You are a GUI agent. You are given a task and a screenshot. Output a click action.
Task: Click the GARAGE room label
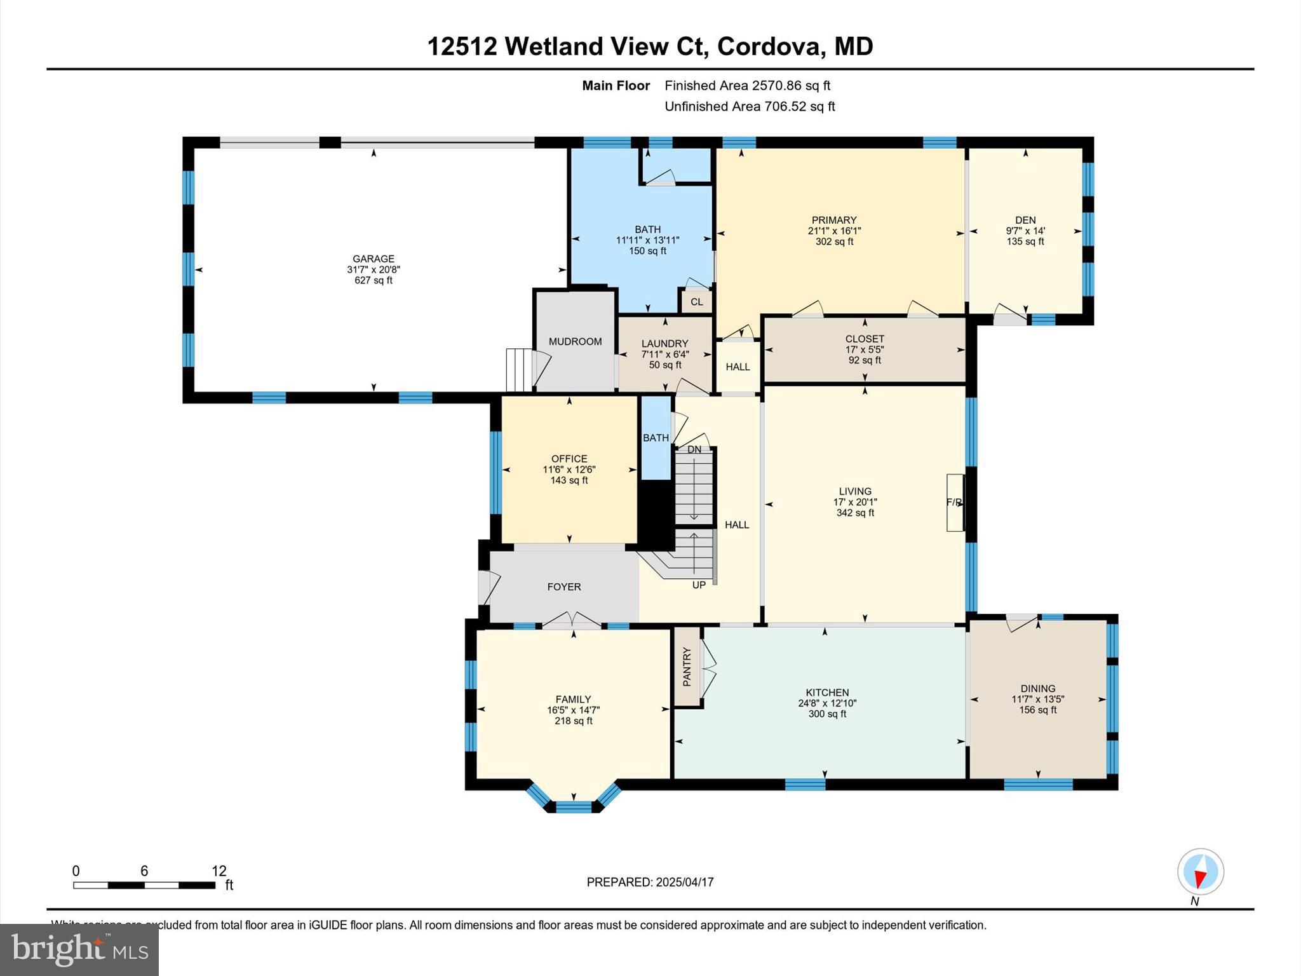coord(374,259)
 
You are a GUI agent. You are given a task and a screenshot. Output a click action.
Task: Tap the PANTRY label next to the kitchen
coord(687,667)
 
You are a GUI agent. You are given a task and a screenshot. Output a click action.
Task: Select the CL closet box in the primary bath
coord(697,302)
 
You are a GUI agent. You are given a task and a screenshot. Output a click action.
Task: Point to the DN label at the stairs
coord(694,449)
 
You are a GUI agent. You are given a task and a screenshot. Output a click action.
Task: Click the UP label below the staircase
coord(699,585)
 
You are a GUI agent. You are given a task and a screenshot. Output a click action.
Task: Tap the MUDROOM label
coord(575,341)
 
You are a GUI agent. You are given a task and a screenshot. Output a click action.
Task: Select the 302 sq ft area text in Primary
coord(834,241)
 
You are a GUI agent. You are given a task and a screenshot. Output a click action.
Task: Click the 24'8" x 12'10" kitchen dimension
coord(827,703)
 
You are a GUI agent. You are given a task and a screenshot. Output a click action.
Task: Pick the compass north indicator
coord(1200,872)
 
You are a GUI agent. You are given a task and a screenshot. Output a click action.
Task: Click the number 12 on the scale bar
coord(219,871)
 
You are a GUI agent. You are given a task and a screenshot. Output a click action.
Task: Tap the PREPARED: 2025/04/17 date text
coord(650,882)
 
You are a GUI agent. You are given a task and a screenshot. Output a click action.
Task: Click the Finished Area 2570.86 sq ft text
coord(747,85)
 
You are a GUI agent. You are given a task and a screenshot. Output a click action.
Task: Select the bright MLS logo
coord(79,949)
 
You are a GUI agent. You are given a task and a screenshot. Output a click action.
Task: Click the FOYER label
coord(564,586)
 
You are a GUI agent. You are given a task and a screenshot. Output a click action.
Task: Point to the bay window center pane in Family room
coord(574,807)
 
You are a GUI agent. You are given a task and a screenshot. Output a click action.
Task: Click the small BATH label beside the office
coord(656,438)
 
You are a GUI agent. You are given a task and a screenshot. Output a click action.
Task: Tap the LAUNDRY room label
coord(664,344)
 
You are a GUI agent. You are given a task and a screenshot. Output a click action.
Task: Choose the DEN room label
coord(1025,220)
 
